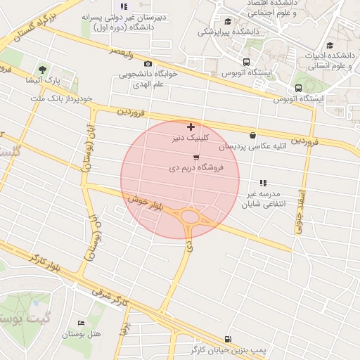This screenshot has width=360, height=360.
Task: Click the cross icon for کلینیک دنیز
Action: [x=191, y=127]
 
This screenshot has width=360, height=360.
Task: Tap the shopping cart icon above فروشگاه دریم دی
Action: [x=195, y=157]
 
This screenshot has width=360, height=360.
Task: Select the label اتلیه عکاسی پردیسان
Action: [x=249, y=147]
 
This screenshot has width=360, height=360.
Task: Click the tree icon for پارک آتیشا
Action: [x=42, y=70]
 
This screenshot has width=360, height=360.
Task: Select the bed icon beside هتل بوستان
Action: [x=81, y=323]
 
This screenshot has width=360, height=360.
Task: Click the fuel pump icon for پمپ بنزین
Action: [x=226, y=338]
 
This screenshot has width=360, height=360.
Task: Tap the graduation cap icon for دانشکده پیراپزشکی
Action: [x=227, y=21]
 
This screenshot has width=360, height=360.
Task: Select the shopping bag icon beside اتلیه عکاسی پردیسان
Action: [x=252, y=135]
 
